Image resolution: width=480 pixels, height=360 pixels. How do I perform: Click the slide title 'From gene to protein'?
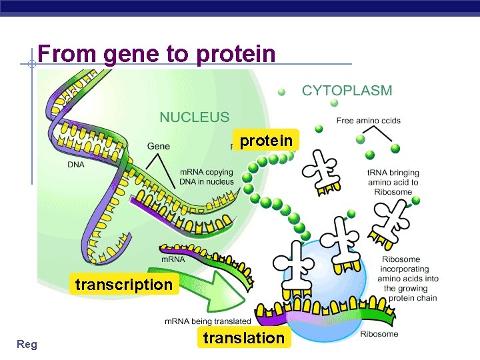tap(157, 53)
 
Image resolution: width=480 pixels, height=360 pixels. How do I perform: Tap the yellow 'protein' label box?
tap(266, 141)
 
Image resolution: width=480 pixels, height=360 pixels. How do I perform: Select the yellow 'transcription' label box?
tap(124, 285)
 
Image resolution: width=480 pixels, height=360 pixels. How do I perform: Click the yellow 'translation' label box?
tap(243, 338)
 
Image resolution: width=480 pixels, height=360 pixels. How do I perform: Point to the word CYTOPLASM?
tap(347, 91)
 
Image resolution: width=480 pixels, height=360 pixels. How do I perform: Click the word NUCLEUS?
tap(194, 117)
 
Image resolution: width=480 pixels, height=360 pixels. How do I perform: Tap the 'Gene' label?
tap(158, 146)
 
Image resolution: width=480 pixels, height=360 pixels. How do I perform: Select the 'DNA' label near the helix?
tap(75, 164)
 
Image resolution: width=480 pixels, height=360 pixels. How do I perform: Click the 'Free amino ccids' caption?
tap(369, 121)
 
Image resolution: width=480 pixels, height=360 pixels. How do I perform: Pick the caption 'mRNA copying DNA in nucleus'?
tap(207, 177)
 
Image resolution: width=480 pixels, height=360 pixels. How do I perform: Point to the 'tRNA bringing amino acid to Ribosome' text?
tap(393, 182)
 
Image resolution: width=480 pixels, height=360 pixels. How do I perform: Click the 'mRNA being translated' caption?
tap(208, 321)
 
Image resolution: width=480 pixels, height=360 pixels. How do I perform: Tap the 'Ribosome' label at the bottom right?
tap(379, 333)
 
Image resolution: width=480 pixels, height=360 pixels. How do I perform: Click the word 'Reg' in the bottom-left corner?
tap(27, 344)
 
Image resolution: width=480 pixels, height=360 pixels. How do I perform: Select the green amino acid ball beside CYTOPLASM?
tap(282, 91)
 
